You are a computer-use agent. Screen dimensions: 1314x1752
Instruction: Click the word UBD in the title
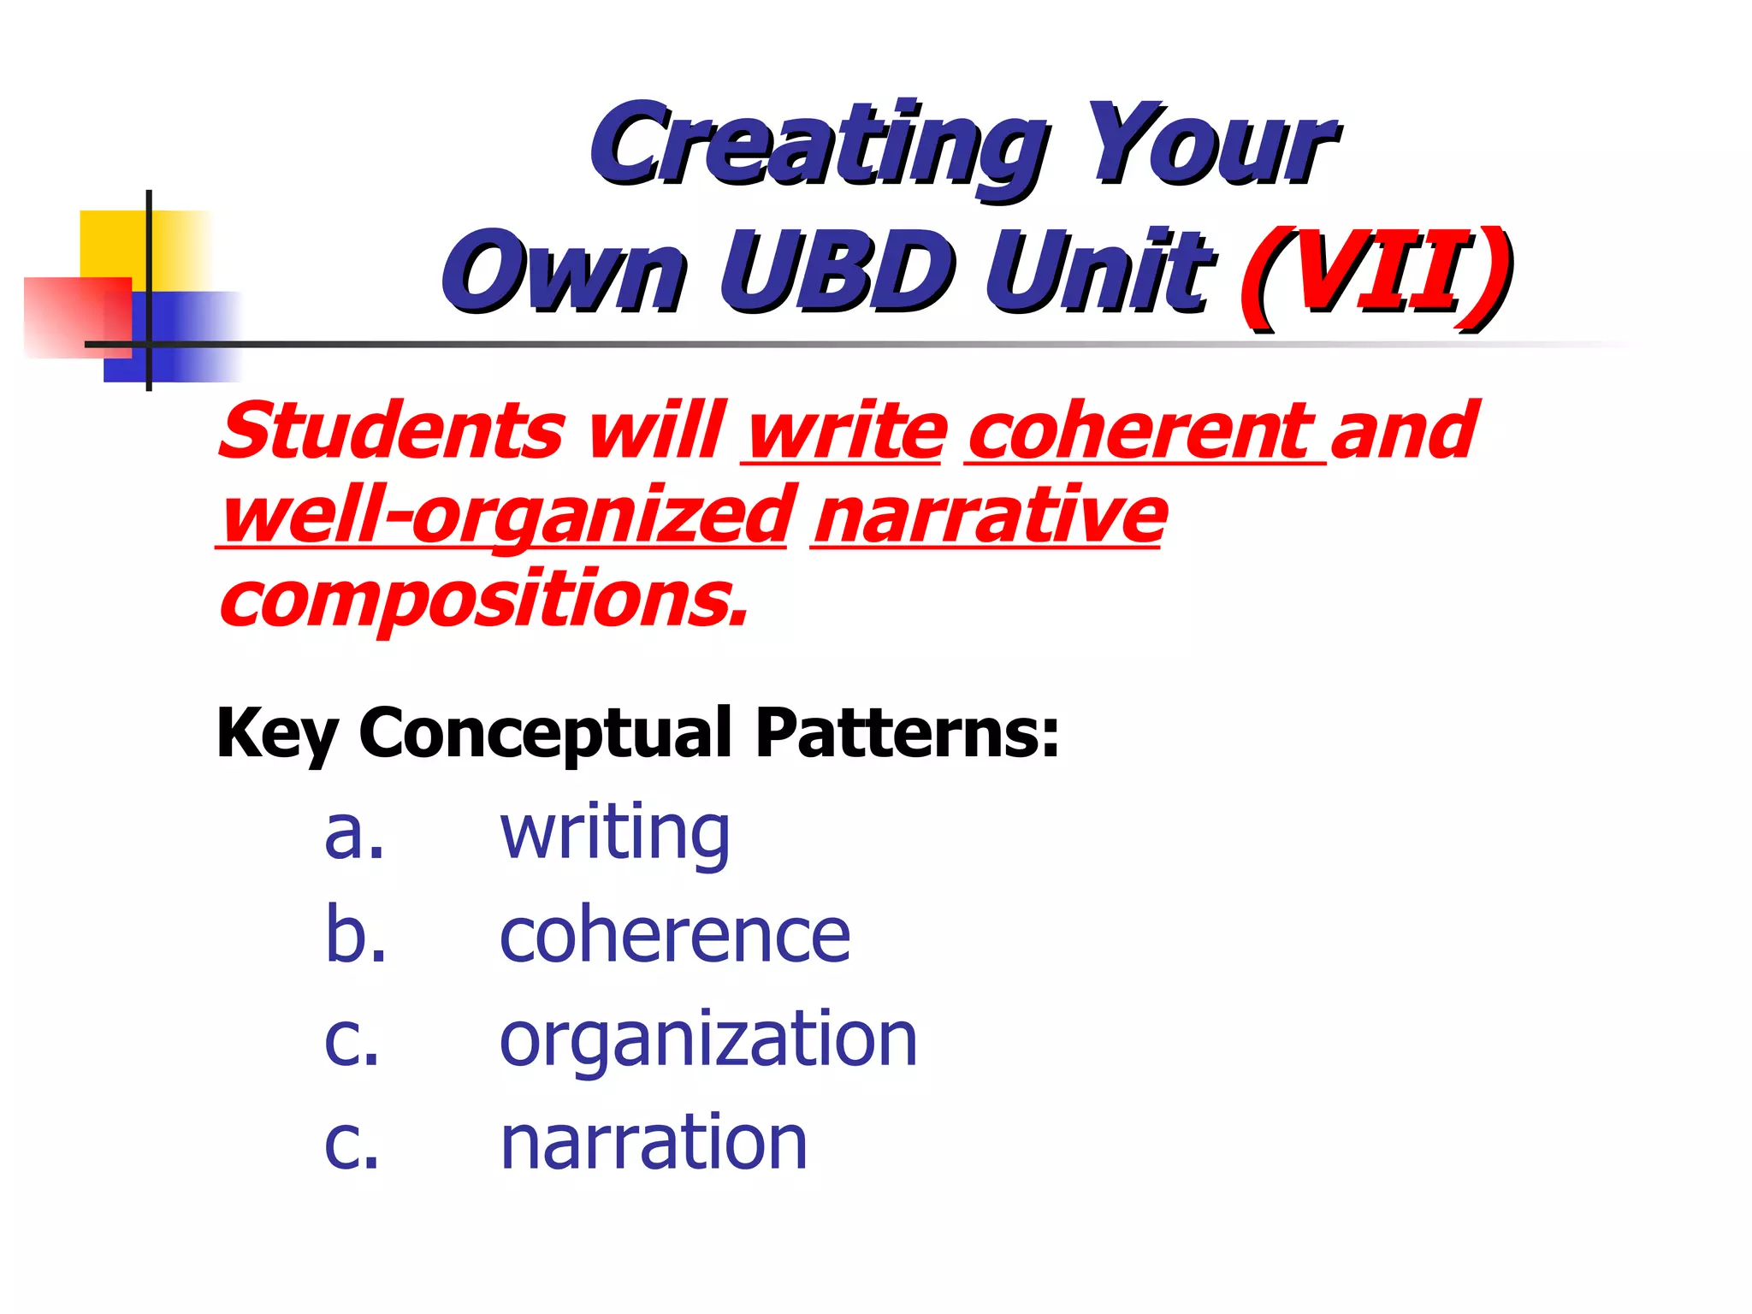(x=837, y=272)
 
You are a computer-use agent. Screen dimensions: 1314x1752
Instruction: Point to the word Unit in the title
(x=1099, y=272)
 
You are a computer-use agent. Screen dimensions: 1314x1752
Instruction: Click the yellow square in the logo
(x=115, y=244)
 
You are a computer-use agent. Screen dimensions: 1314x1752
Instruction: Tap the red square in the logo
(x=73, y=317)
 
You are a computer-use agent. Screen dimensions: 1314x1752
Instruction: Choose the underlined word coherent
(x=1142, y=432)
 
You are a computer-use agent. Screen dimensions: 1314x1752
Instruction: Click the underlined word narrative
(x=988, y=516)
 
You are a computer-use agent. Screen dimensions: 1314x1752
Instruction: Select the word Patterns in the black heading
(x=907, y=733)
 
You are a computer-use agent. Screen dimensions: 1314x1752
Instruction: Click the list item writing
(x=614, y=834)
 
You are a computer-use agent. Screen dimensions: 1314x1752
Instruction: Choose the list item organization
(x=708, y=1039)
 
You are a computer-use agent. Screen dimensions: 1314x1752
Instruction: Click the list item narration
(x=654, y=1142)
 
